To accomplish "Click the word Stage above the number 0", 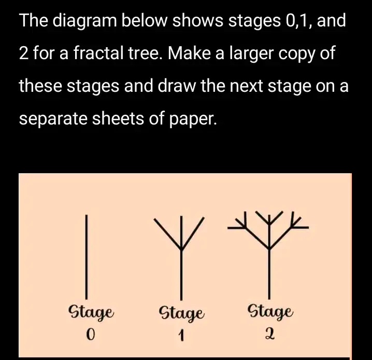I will (92, 313).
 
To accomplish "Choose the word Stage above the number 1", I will (181, 313).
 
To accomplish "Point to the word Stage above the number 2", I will (271, 312).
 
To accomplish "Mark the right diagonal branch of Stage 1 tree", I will (194, 233).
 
